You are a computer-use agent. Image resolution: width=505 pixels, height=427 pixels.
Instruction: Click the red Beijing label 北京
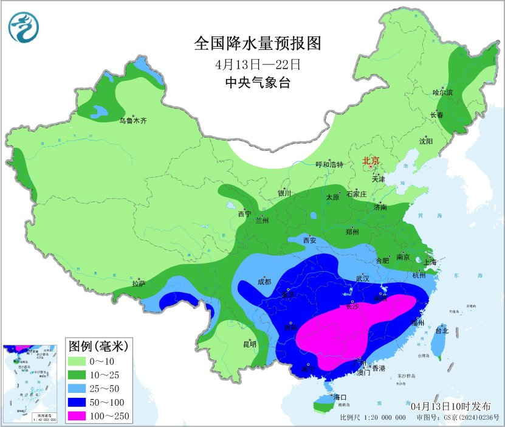pyautogui.click(x=371, y=161)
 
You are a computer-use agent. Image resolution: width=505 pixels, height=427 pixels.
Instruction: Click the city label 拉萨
pyautogui.click(x=139, y=283)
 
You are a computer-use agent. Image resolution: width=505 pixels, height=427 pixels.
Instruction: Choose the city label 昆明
pyautogui.click(x=250, y=344)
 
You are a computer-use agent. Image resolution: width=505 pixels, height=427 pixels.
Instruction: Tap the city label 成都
pyautogui.click(x=264, y=282)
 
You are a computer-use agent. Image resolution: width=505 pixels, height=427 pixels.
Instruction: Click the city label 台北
pyautogui.click(x=442, y=331)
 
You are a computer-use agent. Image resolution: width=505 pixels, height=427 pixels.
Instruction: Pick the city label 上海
pyautogui.click(x=430, y=262)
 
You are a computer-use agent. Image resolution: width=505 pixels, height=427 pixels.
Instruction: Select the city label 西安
pyautogui.click(x=310, y=240)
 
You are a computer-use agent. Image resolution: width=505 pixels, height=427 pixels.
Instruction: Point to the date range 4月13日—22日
pyautogui.click(x=258, y=64)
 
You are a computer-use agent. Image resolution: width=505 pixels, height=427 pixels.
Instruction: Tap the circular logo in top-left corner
pyautogui.click(x=23, y=27)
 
